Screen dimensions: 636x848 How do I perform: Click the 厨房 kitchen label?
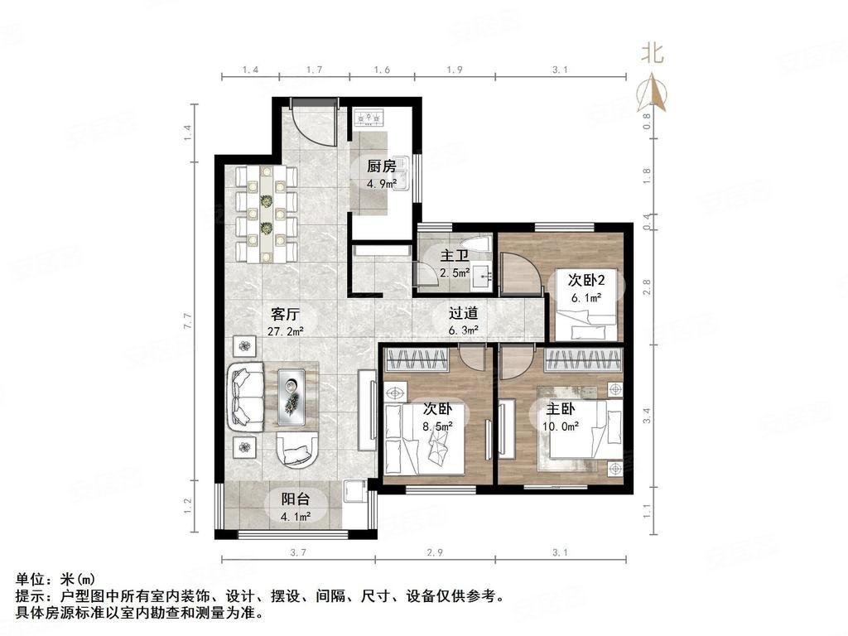tap(383, 165)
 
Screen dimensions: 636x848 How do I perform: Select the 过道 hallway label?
tap(464, 314)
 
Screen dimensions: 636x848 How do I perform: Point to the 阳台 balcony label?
tap(296, 499)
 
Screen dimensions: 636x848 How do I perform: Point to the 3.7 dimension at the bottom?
tap(299, 552)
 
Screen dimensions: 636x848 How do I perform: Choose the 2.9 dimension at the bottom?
tap(436, 552)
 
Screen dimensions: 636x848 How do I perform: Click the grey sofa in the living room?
tap(247, 398)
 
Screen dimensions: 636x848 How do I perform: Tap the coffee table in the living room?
tap(295, 391)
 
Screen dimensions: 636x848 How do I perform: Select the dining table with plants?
tap(267, 213)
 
